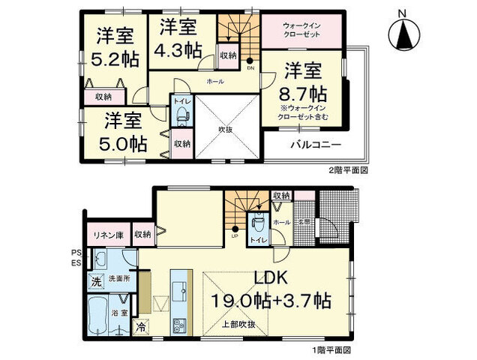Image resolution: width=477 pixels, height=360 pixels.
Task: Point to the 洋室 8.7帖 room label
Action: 304,83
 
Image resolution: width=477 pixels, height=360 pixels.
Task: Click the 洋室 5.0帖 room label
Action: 124,131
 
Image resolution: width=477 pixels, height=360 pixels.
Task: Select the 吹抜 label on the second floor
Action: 224,129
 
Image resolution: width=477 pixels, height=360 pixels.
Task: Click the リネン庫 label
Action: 106,235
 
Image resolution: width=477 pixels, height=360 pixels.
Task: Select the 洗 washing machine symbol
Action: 95,282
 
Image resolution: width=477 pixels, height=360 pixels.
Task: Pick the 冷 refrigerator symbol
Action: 140,326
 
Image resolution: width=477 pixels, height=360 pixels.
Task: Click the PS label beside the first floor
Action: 76,253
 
